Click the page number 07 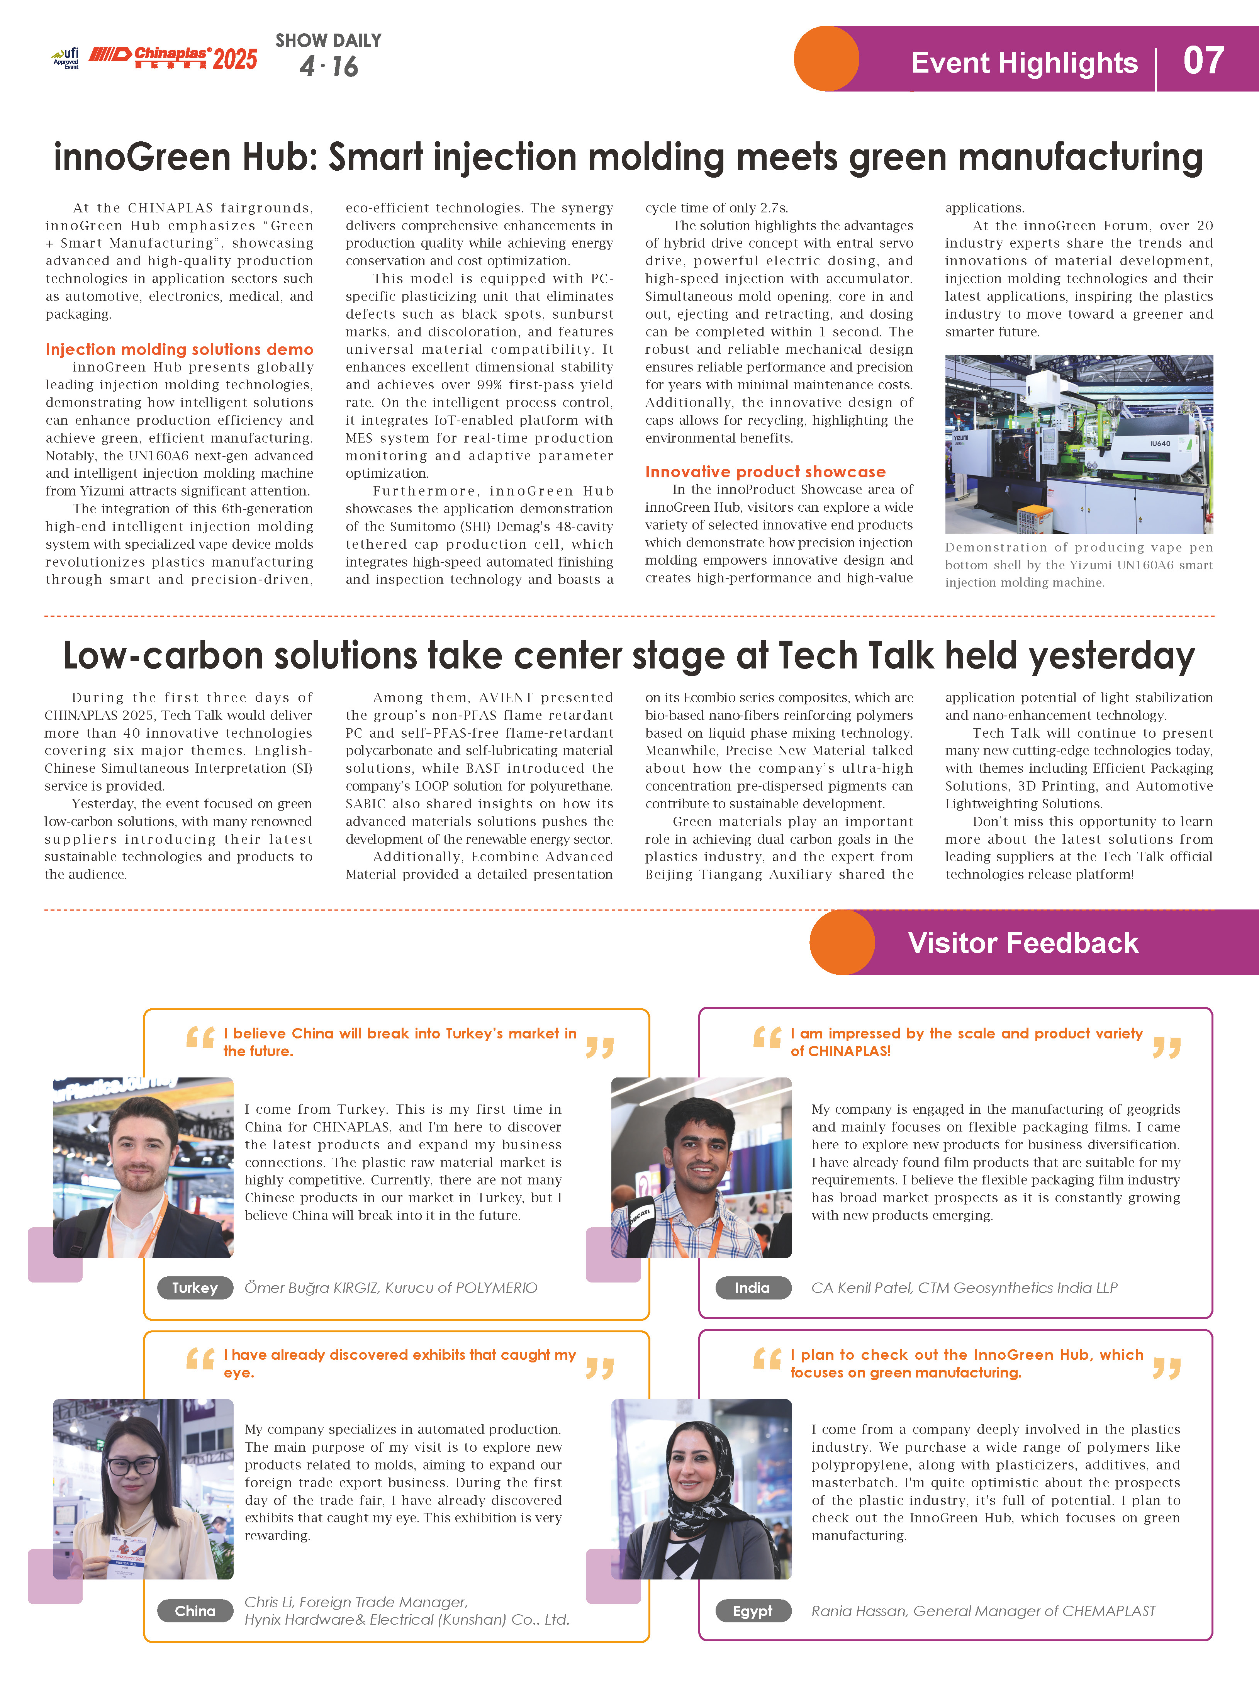pos(1203,61)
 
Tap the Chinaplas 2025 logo pos(174,58)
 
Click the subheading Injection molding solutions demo pos(179,349)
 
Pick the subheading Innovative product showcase pos(765,472)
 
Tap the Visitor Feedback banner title pos(1023,943)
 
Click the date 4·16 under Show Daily pos(329,67)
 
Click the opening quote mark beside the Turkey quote pos(200,1038)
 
